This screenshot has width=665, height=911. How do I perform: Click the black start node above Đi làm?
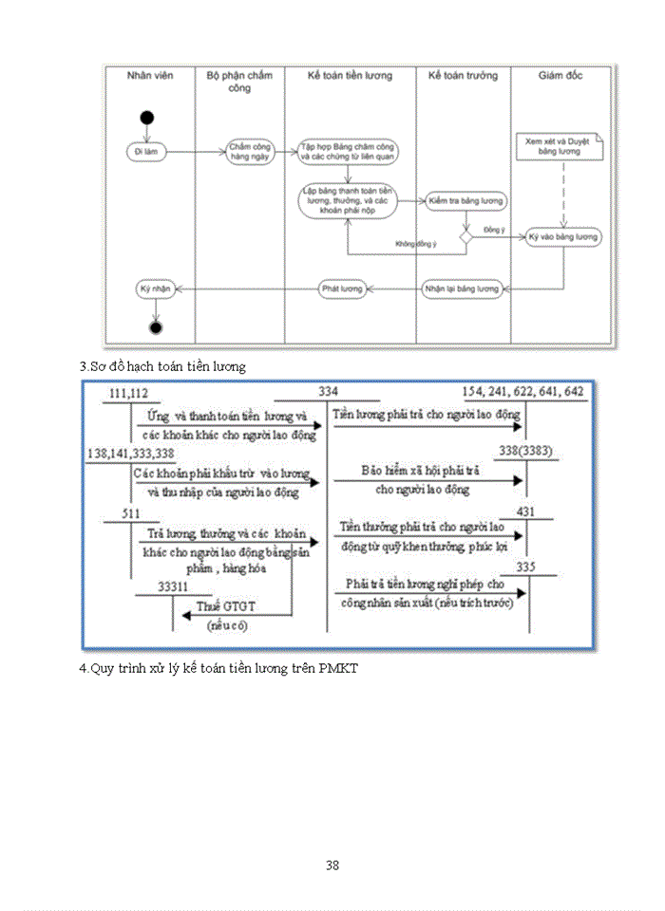pos(146,117)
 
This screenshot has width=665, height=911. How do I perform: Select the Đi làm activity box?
pos(146,150)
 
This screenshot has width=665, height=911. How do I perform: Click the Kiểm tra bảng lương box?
pos(466,201)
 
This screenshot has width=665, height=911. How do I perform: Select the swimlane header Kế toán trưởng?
pos(462,75)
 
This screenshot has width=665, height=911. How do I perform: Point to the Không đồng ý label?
pos(416,245)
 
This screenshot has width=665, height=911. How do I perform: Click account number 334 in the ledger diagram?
pos(328,392)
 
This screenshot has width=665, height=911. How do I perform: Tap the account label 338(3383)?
pos(523,450)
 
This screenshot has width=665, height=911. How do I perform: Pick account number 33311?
pos(178,587)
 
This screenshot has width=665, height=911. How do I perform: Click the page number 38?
pos(332,865)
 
